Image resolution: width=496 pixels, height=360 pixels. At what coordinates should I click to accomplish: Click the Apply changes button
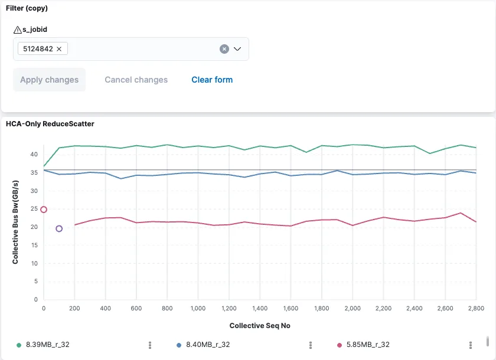(x=50, y=80)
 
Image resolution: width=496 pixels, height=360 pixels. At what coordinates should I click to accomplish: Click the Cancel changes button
(x=136, y=80)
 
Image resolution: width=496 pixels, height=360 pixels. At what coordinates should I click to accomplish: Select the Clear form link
(x=212, y=80)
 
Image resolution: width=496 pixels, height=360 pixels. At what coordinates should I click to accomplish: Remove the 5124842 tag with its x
(x=59, y=49)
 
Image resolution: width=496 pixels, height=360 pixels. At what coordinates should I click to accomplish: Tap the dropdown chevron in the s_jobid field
(x=237, y=49)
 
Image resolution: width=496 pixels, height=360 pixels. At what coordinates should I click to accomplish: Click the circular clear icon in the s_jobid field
(x=224, y=49)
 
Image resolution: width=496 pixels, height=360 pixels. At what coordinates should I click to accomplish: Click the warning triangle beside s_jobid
(x=17, y=30)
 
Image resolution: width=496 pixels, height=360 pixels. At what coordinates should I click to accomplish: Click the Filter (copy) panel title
(x=27, y=8)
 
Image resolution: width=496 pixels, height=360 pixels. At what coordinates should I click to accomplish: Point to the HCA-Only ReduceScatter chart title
(x=50, y=124)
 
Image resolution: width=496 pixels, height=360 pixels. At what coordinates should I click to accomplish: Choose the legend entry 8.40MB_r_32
(x=208, y=345)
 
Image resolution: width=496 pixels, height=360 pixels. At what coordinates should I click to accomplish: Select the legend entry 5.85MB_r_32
(x=367, y=345)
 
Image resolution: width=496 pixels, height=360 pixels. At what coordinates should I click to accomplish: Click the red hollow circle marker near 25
(x=43, y=210)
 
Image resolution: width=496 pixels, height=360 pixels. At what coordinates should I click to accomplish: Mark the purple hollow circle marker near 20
(x=59, y=228)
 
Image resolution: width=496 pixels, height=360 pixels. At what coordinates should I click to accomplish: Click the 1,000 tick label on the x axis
(x=198, y=309)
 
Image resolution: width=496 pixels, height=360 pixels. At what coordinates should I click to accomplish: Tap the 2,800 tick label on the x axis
(x=475, y=309)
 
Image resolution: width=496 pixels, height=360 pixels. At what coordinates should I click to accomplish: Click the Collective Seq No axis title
(x=260, y=326)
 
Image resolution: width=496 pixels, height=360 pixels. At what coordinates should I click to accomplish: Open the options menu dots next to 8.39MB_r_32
(x=150, y=345)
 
